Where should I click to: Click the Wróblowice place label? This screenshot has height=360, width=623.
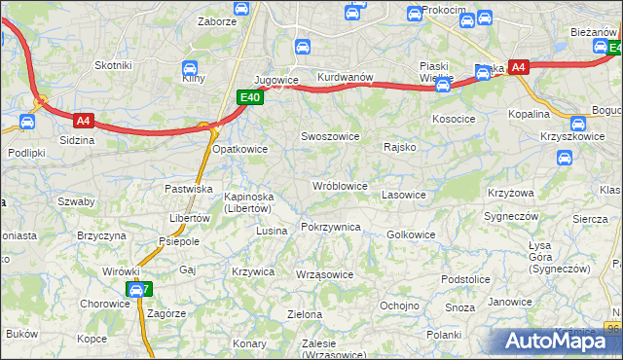(339, 185)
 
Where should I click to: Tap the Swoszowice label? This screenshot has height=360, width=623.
(329, 136)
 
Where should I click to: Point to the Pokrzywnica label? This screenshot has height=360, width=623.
(331, 227)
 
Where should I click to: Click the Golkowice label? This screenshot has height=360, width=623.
(411, 234)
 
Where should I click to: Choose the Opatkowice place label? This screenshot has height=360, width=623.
(240, 149)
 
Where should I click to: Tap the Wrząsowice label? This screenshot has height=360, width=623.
(324, 274)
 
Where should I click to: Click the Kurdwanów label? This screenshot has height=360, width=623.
(346, 77)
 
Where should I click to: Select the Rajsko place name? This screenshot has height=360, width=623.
(400, 148)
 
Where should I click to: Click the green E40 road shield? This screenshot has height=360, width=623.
(249, 97)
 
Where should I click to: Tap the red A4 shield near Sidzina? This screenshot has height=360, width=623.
(83, 121)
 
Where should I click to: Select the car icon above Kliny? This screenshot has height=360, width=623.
(191, 68)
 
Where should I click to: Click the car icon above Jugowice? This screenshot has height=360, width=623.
(303, 46)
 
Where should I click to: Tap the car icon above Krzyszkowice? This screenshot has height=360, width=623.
(579, 124)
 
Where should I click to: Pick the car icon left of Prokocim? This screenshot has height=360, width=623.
(415, 14)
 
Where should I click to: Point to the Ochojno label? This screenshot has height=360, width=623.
(398, 305)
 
